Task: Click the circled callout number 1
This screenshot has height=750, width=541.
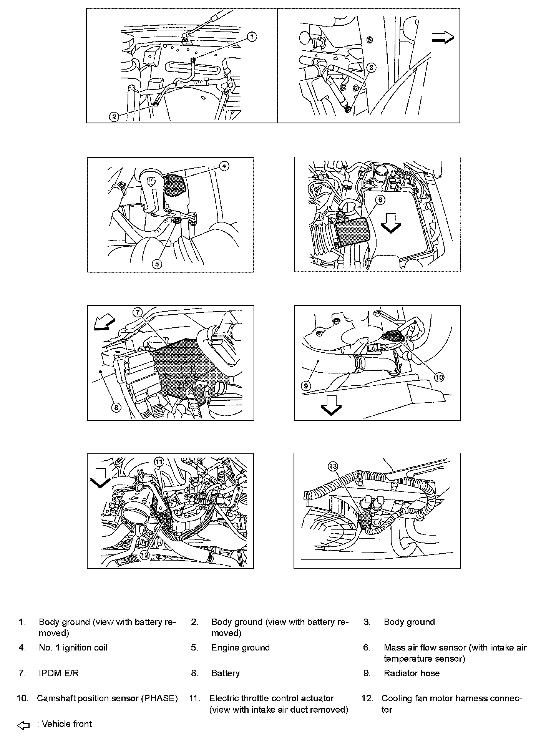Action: click(x=252, y=37)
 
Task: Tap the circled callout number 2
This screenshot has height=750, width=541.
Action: click(x=114, y=116)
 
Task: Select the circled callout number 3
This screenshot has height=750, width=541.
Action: click(x=371, y=68)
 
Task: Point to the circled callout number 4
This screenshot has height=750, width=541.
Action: click(x=224, y=166)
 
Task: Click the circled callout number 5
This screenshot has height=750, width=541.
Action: click(x=157, y=264)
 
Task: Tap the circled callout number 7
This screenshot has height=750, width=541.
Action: click(x=138, y=312)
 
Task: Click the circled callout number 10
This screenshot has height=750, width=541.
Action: click(x=439, y=377)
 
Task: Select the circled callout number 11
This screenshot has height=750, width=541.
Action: click(x=159, y=461)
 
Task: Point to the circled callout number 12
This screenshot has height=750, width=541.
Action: click(x=144, y=555)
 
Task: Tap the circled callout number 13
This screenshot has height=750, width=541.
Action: click(x=333, y=466)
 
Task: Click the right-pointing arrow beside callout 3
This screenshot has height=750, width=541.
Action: click(x=443, y=37)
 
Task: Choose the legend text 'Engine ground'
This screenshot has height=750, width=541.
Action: click(x=241, y=647)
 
